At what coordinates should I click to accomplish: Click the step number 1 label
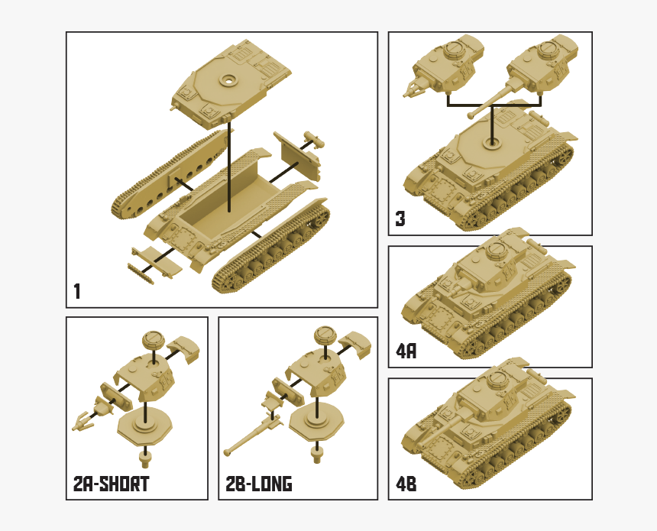[77, 291]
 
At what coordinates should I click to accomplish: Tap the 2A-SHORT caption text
[111, 483]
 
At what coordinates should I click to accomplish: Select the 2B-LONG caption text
[259, 483]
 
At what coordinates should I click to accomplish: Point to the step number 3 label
[400, 219]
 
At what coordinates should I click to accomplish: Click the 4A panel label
[406, 351]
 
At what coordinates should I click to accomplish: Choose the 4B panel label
[406, 484]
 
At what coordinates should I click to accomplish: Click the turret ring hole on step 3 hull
[490, 142]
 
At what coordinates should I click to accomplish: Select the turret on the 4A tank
[489, 264]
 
